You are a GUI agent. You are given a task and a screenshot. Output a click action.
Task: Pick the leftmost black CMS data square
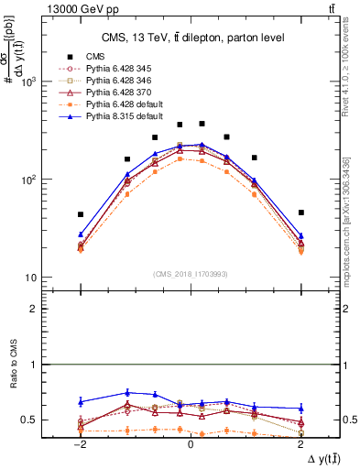pyautogui.click(x=81, y=214)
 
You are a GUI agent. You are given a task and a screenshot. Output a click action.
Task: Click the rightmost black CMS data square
pyautogui.click(x=300, y=213)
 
